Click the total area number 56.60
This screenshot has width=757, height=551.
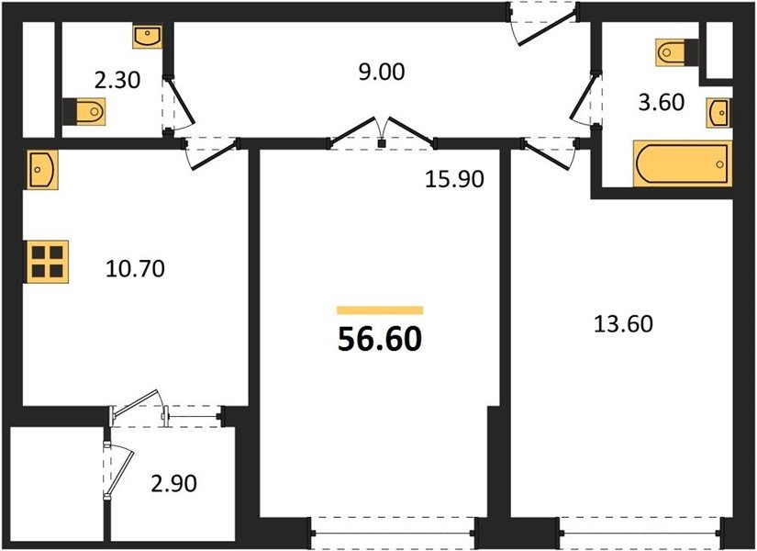[x=380, y=339]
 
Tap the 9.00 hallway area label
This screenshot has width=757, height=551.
[x=382, y=72]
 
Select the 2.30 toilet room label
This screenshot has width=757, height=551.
[x=117, y=80]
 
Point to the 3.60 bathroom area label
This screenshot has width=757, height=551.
[x=662, y=103]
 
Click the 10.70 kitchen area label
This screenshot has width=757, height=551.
[x=135, y=269]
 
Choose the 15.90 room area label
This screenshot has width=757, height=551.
[x=454, y=179]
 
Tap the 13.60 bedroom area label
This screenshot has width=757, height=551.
[x=623, y=324]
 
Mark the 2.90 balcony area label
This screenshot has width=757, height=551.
[x=173, y=483]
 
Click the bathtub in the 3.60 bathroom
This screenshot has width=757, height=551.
[x=682, y=163]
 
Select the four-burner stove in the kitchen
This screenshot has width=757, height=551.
[x=48, y=262]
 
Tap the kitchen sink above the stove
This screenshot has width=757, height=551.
[x=42, y=169]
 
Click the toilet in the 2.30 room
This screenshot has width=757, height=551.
[x=84, y=112]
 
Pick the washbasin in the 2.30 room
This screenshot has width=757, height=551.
[x=147, y=37]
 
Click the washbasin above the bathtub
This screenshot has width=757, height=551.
[x=719, y=113]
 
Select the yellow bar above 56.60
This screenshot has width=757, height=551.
[x=380, y=310]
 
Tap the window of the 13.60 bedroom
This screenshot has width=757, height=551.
[x=640, y=534]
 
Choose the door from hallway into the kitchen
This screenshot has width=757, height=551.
[x=211, y=153]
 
